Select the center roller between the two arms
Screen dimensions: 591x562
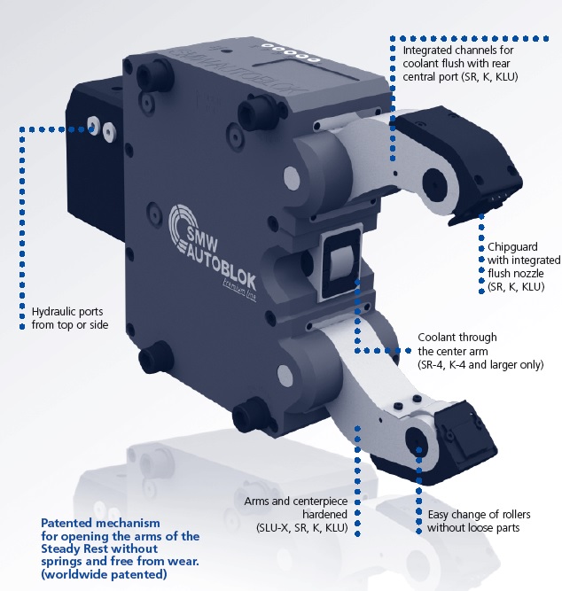pyautogui.click(x=341, y=265)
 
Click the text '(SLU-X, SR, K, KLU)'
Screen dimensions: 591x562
pyautogui.click(x=297, y=528)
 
